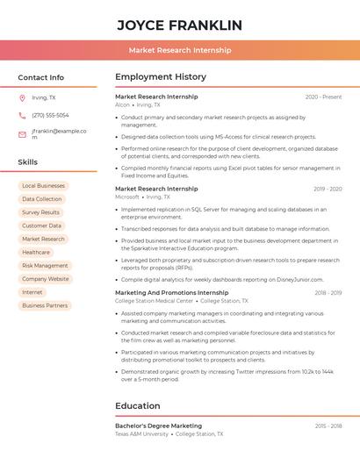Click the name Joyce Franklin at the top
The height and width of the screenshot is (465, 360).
(179, 25)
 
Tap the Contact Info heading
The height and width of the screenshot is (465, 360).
(41, 77)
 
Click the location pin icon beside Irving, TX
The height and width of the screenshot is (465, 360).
(22, 97)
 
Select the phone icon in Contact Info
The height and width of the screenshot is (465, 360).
(22, 115)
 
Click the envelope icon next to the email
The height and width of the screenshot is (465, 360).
(22, 134)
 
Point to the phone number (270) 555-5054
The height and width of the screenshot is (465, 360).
(50, 115)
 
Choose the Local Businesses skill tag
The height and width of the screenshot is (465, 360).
(43, 186)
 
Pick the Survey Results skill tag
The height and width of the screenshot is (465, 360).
(40, 212)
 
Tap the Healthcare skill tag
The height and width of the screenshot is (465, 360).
(36, 252)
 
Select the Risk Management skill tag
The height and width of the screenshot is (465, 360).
(45, 265)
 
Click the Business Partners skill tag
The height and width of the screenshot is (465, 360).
(45, 305)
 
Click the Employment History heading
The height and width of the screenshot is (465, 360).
(161, 77)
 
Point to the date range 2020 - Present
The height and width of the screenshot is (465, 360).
(323, 97)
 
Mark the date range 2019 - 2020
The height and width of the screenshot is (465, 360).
(328, 189)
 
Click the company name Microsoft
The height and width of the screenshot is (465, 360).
(127, 197)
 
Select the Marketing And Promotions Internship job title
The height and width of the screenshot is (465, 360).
(171, 292)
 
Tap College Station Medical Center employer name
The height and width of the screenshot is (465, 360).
(154, 301)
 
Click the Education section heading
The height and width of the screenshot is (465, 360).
(138, 406)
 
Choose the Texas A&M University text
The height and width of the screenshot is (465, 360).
(141, 433)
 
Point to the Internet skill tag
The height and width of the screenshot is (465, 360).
(32, 292)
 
